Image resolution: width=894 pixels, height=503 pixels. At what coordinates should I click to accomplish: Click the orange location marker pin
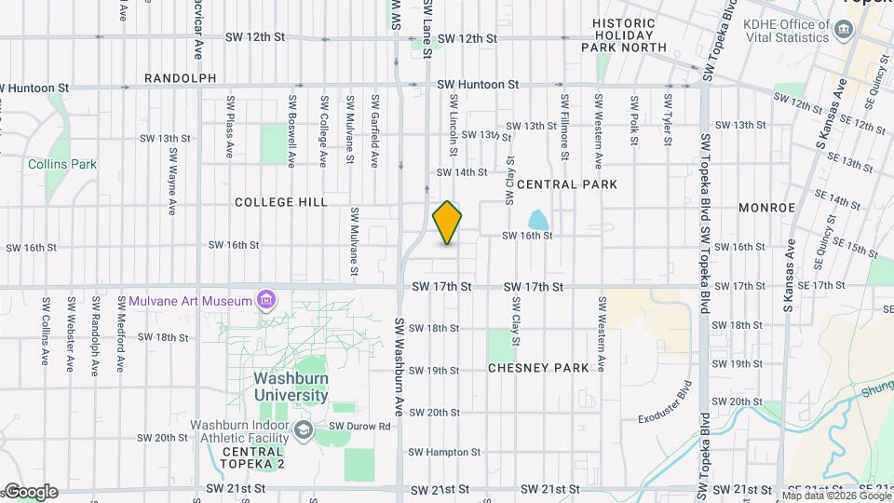click(448, 223)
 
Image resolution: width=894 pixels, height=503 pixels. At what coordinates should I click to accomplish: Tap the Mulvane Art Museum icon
click(266, 300)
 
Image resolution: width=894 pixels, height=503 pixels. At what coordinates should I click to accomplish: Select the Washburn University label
click(291, 387)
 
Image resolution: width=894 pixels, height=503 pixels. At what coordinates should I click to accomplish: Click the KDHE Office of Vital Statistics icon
click(843, 30)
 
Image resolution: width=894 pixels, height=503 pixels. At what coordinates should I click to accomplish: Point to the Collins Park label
click(62, 164)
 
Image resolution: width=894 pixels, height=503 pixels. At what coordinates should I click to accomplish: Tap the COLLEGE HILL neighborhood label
click(280, 202)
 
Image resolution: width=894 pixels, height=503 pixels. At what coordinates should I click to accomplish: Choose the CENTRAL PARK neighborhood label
click(567, 184)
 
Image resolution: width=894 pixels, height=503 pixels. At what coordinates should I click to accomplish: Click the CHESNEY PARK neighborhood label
click(538, 368)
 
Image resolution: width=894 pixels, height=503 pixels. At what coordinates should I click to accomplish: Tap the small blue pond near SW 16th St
click(537, 221)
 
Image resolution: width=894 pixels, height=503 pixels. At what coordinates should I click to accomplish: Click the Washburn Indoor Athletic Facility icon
click(303, 430)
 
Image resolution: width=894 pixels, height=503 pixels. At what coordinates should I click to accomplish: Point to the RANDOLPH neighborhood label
click(181, 78)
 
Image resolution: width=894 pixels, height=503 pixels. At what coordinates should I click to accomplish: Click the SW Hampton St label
click(444, 453)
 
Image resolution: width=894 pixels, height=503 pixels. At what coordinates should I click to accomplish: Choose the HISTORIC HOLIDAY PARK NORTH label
click(630, 34)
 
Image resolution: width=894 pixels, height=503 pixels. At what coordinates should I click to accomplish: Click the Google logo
click(31, 492)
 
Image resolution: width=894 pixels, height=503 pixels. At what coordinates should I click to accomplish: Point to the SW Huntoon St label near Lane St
click(478, 84)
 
